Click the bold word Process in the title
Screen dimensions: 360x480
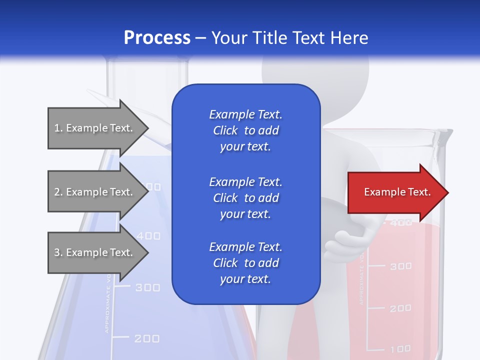157,38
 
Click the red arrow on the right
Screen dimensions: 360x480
395,192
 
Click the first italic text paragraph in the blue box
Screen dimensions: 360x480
245,130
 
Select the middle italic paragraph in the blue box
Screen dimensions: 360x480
245,198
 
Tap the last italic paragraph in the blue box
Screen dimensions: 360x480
245,263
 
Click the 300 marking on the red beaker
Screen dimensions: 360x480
400,266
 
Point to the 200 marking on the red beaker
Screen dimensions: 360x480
400,308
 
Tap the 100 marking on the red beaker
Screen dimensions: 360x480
400,348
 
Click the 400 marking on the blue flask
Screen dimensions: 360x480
148,235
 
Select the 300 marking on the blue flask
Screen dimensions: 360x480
148,287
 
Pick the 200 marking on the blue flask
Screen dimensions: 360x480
147,338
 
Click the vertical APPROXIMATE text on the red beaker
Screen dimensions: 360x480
361,280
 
